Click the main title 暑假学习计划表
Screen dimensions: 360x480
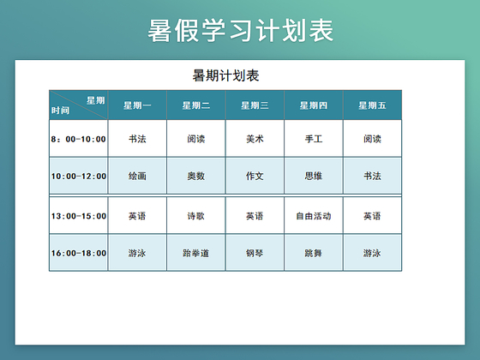click(x=240, y=31)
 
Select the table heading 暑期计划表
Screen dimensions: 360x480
click(x=226, y=76)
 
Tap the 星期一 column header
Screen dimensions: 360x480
click(x=137, y=105)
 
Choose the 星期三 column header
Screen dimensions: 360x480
click(x=255, y=105)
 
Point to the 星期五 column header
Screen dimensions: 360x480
click(x=372, y=105)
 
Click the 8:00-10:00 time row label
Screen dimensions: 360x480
click(x=79, y=139)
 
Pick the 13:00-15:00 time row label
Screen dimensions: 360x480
click(x=79, y=216)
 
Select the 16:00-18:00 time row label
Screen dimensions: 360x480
click(x=79, y=253)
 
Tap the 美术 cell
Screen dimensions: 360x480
click(x=255, y=138)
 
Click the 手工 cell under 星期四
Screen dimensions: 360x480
click(x=314, y=138)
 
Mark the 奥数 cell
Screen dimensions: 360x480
click(x=196, y=176)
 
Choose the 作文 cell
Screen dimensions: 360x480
click(x=255, y=176)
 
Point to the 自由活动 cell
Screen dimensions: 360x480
click(x=314, y=216)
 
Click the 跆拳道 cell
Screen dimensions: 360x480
click(x=196, y=253)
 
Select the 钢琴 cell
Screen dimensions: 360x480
click(x=255, y=253)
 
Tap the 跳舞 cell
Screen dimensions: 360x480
click(x=314, y=253)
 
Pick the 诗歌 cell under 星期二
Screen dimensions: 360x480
click(x=196, y=216)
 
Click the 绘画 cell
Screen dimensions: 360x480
click(x=137, y=176)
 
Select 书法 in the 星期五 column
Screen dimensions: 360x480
click(x=372, y=176)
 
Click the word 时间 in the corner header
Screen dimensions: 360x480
click(x=60, y=111)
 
